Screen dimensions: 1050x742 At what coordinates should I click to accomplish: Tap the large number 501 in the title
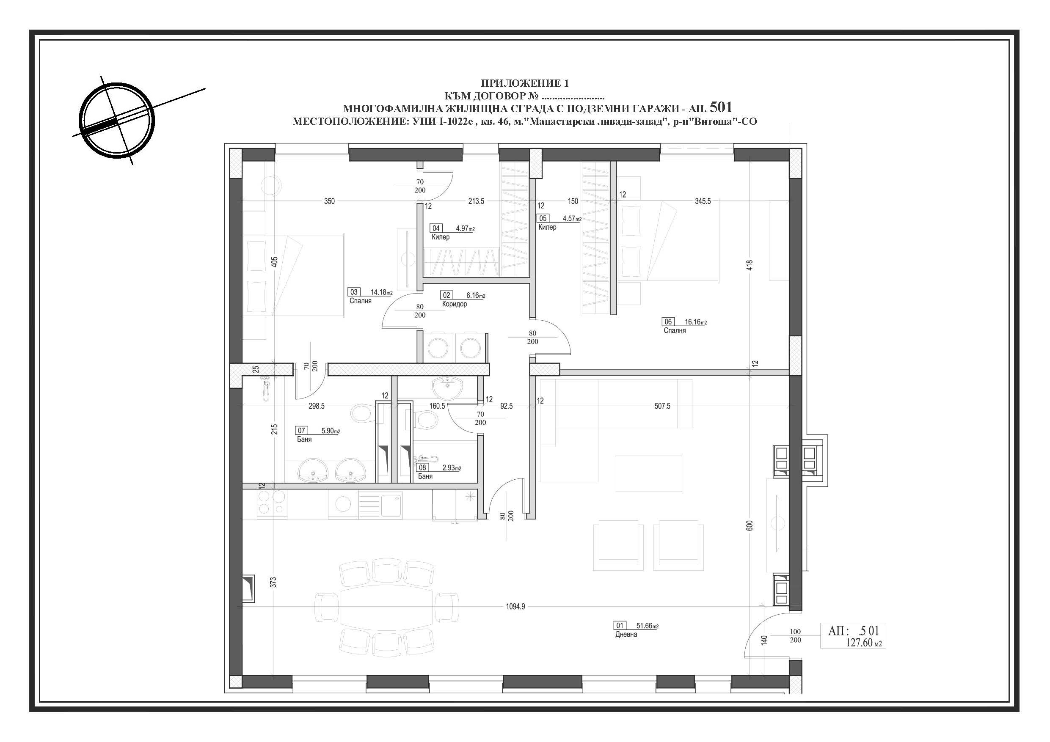click(x=721, y=107)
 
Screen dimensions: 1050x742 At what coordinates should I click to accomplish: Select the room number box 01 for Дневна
click(x=620, y=625)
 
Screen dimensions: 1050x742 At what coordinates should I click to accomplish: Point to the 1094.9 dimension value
click(x=515, y=607)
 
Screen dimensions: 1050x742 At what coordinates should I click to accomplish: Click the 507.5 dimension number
click(x=662, y=406)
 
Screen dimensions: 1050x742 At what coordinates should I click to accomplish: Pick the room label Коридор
click(x=455, y=304)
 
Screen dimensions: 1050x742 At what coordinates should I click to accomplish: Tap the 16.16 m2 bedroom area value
click(x=696, y=322)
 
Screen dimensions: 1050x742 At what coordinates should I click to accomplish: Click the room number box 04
click(x=436, y=228)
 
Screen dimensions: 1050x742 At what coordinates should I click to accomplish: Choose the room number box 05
click(x=543, y=219)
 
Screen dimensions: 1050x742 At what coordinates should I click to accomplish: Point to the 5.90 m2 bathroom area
click(x=331, y=431)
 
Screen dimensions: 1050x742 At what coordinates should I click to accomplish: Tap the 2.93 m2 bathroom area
click(x=452, y=468)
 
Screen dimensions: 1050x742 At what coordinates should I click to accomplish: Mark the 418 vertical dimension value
click(x=750, y=265)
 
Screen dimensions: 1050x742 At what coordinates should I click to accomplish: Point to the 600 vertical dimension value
click(x=750, y=526)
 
